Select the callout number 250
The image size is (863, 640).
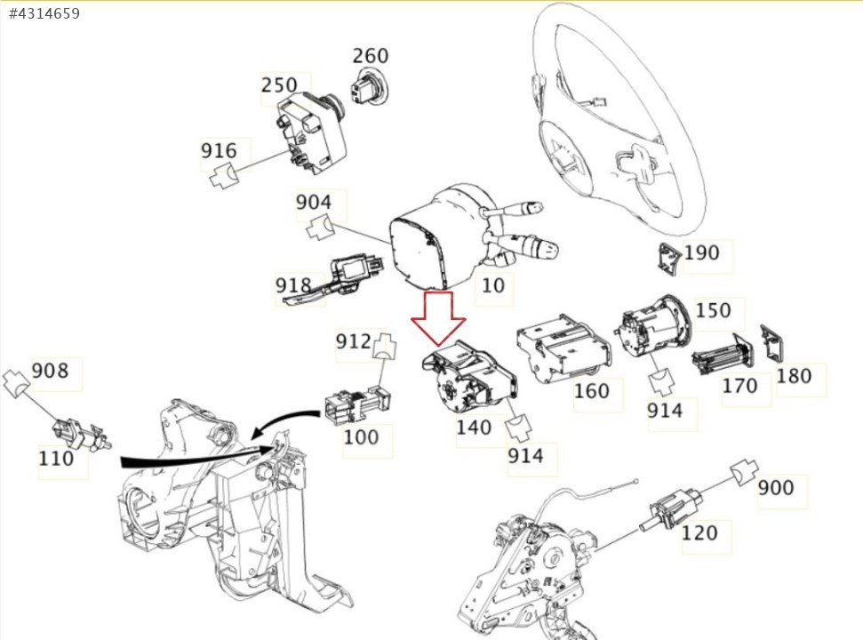click(x=279, y=85)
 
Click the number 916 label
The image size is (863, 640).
click(x=219, y=150)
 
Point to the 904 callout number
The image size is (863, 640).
click(x=314, y=203)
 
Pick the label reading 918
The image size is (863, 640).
click(x=293, y=285)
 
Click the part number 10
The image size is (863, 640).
click(x=492, y=285)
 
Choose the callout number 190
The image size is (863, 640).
click(x=701, y=253)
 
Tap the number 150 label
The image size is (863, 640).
click(x=714, y=311)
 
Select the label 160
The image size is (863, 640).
click(x=592, y=391)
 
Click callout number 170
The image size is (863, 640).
click(x=739, y=386)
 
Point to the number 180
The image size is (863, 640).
click(x=794, y=376)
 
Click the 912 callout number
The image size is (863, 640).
click(x=353, y=340)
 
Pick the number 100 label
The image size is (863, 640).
click(x=361, y=437)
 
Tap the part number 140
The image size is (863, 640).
click(x=474, y=428)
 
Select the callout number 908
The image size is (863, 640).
click(x=51, y=370)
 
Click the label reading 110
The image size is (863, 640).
click(x=56, y=460)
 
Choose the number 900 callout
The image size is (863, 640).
click(x=776, y=488)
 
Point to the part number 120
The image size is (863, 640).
click(x=699, y=533)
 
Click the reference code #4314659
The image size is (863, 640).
click(x=44, y=13)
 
